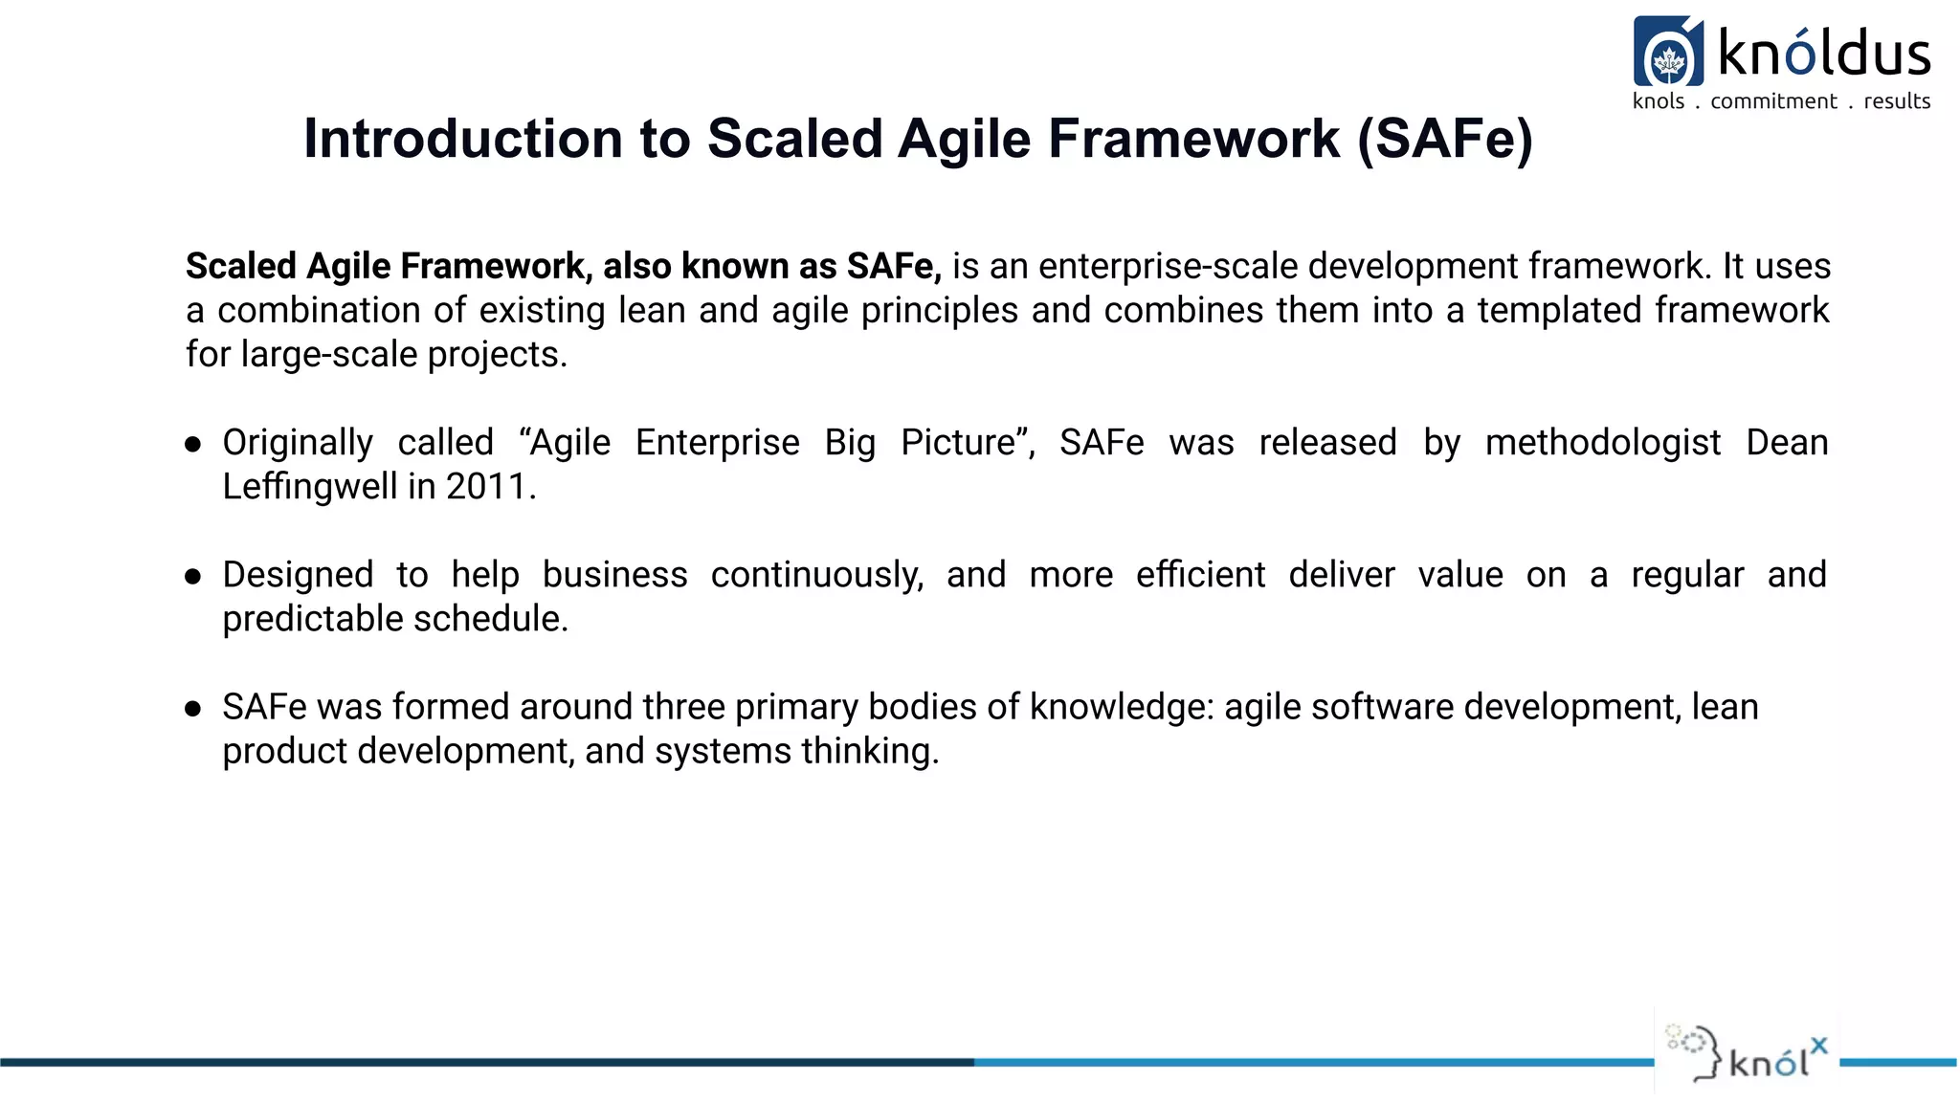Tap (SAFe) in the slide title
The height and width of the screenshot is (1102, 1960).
pos(1445,139)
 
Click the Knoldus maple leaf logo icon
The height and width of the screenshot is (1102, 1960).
pos(1668,53)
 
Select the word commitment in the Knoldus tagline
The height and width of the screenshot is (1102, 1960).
pos(1773,101)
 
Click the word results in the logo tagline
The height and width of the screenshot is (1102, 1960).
pos(1897,101)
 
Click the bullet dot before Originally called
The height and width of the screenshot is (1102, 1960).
pos(193,444)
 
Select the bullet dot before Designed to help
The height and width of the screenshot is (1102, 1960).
pos(193,576)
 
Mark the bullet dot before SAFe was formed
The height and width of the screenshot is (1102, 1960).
pos(193,708)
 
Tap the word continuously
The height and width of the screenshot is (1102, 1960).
pos(816,575)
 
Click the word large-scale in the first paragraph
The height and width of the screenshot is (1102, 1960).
pos(329,355)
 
